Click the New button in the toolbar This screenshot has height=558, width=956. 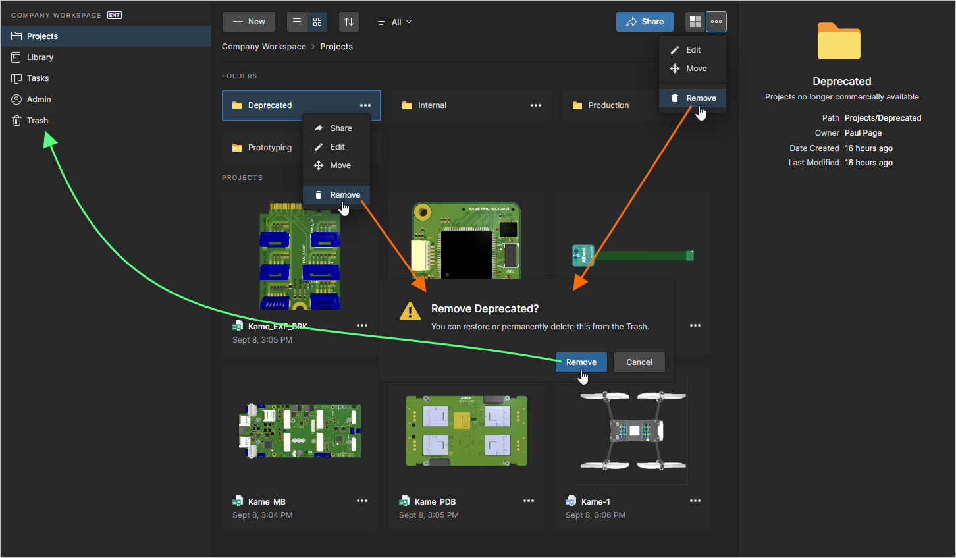point(249,22)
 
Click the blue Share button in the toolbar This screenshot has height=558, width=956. point(645,22)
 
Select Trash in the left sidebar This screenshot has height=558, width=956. point(38,121)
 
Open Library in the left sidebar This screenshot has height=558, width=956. point(40,57)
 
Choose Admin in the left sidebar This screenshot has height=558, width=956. point(39,99)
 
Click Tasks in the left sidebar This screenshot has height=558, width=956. point(38,78)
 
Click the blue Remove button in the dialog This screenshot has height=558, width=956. point(581,362)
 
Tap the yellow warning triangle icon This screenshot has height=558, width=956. point(410,311)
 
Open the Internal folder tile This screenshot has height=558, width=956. point(432,105)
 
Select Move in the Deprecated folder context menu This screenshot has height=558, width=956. point(340,165)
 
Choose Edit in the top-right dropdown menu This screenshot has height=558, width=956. point(693,50)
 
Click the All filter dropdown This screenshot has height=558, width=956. point(394,22)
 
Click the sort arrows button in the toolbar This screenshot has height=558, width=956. point(349,22)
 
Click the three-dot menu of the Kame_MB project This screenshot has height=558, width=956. point(362,501)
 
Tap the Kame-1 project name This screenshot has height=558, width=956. point(595,502)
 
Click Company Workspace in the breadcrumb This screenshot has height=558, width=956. point(264,47)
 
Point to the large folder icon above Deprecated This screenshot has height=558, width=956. point(839,42)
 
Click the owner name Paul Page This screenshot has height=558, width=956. point(863,133)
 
